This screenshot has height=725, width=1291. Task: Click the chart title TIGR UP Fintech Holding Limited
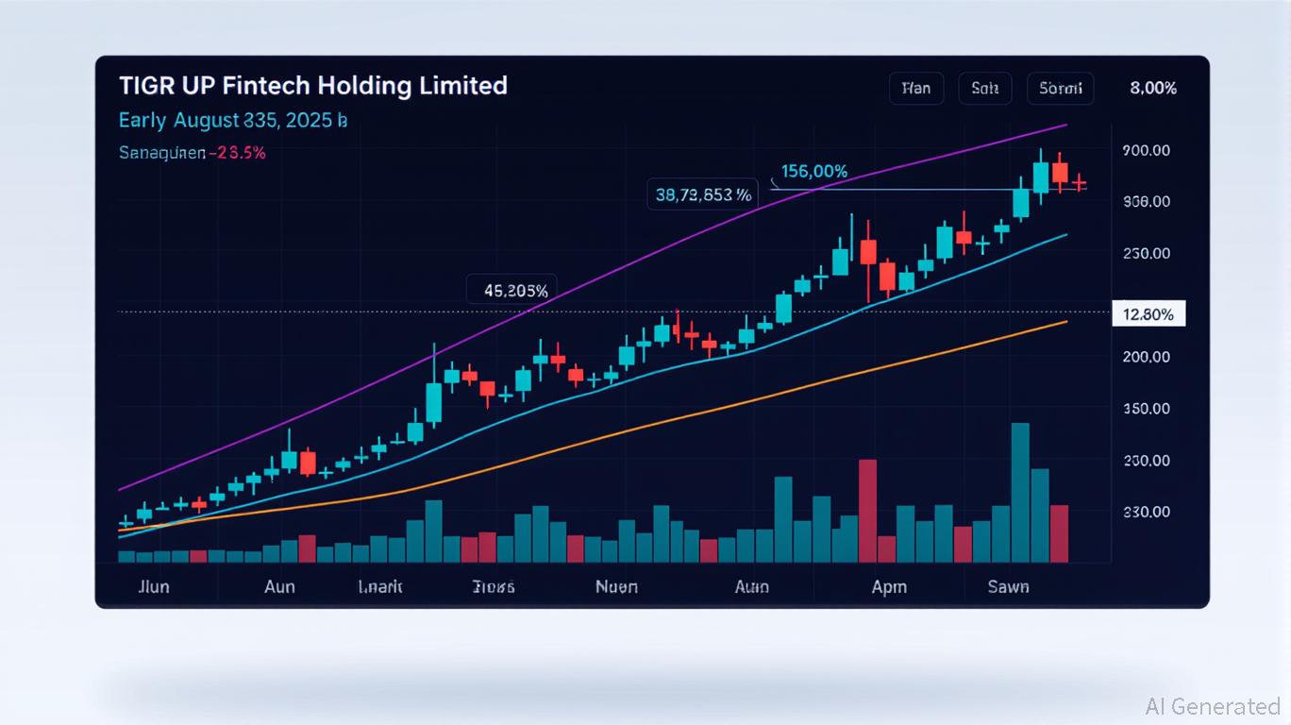click(x=313, y=86)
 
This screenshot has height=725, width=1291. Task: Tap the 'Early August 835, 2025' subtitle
click(x=233, y=121)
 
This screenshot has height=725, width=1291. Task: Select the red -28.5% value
click(x=241, y=153)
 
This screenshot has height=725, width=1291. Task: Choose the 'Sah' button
click(x=984, y=89)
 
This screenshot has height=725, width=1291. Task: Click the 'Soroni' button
click(x=1060, y=89)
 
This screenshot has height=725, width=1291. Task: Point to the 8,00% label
click(x=1152, y=89)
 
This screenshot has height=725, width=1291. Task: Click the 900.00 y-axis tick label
click(x=1147, y=150)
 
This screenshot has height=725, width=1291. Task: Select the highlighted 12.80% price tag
click(x=1148, y=314)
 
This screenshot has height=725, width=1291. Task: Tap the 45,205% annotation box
click(x=514, y=291)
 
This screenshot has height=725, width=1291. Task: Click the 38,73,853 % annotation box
click(x=703, y=195)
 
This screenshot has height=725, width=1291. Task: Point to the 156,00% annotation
click(x=813, y=172)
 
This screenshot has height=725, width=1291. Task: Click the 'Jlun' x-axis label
click(x=153, y=587)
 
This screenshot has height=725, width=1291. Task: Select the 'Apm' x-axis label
click(x=889, y=587)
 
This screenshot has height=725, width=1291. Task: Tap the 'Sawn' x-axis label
click(x=1008, y=587)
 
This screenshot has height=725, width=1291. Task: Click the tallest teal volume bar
click(x=1020, y=492)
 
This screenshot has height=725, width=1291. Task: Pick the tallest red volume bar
click(x=867, y=511)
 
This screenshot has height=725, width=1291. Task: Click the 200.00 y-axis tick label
click(x=1147, y=357)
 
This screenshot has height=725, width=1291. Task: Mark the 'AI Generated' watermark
click(x=1212, y=706)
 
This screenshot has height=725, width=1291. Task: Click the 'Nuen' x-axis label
click(x=616, y=587)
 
